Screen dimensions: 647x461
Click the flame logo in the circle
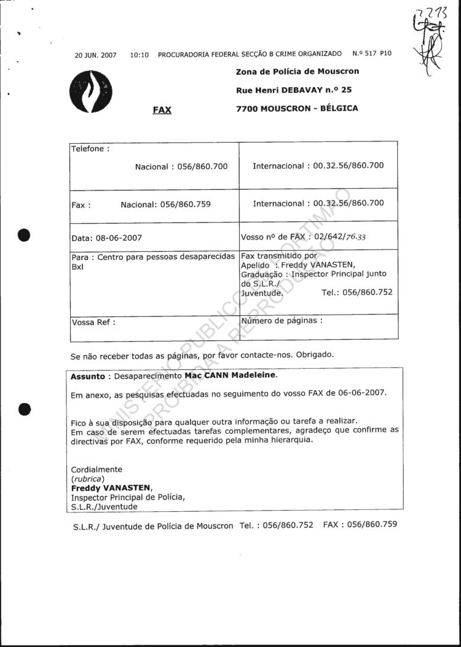92,92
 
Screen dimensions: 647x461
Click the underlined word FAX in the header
162,111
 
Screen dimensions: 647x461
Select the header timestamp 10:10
140,55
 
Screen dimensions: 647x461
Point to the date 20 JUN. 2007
95,55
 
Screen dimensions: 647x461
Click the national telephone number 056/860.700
202,166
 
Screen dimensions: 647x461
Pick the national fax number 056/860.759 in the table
185,204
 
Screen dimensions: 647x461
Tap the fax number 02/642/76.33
341,237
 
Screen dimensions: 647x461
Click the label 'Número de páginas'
282,320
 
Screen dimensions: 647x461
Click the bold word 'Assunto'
88,375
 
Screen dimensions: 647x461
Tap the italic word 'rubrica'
88,479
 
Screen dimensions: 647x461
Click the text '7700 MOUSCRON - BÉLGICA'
297,108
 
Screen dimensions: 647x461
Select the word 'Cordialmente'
97,469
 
